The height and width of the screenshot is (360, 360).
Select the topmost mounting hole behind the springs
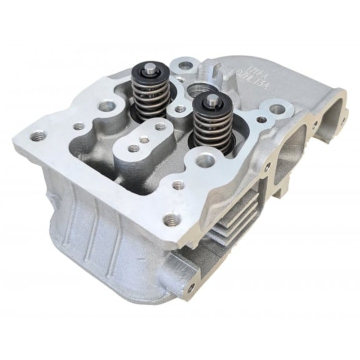pyautogui.click(x=186, y=65)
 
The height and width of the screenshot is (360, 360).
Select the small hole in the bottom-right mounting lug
pyautogui.click(x=191, y=286)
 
